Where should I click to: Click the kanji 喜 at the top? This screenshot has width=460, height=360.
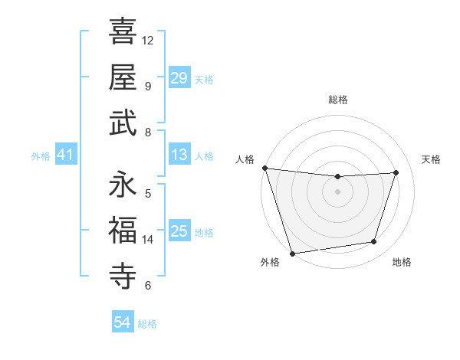pyautogui.click(x=123, y=31)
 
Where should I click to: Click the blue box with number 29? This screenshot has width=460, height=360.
pyautogui.click(x=179, y=78)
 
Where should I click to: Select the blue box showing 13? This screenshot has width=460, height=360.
pyautogui.click(x=179, y=155)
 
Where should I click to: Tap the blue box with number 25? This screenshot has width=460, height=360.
pyautogui.click(x=179, y=231)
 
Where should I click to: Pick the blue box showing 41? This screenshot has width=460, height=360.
pyautogui.click(x=66, y=155)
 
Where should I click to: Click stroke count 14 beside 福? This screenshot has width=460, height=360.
pyautogui.click(x=148, y=239)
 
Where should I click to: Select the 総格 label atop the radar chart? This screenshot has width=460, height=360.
pyautogui.click(x=337, y=100)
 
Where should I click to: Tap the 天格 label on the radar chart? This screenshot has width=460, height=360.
pyautogui.click(x=432, y=159)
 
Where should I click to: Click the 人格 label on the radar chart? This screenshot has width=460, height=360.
pyautogui.click(x=245, y=159)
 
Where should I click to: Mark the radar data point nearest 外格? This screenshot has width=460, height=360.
pyautogui.click(x=292, y=253)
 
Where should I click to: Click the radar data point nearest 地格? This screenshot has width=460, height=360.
pyautogui.click(x=374, y=242)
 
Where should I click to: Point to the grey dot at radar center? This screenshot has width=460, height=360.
pyautogui.click(x=337, y=191)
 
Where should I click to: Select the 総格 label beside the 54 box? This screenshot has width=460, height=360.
pyautogui.click(x=147, y=324)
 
